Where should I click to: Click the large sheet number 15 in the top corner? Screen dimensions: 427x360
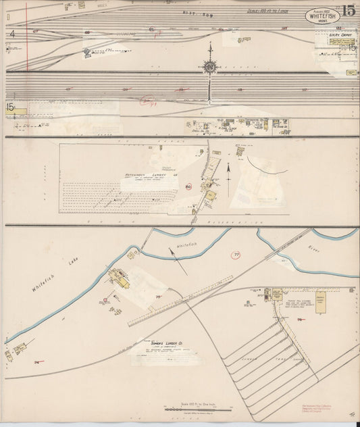[x=349, y=11]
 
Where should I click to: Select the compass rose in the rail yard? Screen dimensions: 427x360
[x=210, y=66]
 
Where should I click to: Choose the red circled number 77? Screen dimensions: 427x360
[x=236, y=255]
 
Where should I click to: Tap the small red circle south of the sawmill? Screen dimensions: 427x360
[x=106, y=299]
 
